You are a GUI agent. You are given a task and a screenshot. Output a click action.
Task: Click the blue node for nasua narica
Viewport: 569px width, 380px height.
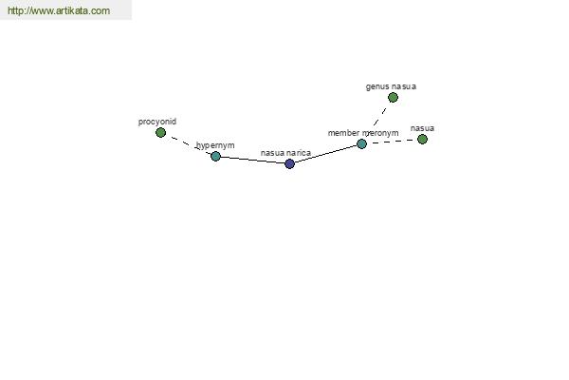pos(289,163)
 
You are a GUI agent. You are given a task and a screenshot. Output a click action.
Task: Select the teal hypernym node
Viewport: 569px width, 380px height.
pos(215,156)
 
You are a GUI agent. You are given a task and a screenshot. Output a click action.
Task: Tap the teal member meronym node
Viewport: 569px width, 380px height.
pos(361,144)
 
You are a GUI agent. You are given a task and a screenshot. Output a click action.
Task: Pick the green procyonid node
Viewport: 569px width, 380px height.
pos(161,132)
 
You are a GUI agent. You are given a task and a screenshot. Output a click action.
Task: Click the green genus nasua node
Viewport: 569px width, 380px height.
pos(393,98)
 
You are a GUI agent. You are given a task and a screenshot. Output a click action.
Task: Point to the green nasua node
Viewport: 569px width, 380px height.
pos(422,139)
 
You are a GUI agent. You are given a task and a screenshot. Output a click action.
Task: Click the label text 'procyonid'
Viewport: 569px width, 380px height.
pos(157,122)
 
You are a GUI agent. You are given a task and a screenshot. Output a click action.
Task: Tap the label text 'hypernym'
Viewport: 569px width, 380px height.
pos(215,145)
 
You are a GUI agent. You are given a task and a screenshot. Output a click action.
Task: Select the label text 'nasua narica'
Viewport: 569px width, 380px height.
pos(285,153)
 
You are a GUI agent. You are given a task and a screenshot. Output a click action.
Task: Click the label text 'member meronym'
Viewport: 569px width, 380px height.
pos(363,133)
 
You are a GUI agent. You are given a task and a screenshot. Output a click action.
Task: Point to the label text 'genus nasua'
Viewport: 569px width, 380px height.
pos(391,86)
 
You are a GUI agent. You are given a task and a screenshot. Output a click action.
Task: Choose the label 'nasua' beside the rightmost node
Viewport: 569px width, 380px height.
pos(422,128)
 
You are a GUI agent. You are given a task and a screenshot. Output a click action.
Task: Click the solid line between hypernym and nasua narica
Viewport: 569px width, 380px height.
pos(252,160)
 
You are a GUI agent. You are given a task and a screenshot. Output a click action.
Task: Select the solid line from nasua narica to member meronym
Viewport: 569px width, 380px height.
pos(325,154)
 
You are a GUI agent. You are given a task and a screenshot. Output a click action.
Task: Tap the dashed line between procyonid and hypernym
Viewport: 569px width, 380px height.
pos(188,144)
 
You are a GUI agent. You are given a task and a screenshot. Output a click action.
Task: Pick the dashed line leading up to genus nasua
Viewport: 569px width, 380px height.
pos(377,121)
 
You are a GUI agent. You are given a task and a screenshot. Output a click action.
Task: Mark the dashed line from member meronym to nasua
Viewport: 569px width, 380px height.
pos(392,142)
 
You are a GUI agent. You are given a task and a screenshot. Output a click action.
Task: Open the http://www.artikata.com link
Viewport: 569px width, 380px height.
pos(59,10)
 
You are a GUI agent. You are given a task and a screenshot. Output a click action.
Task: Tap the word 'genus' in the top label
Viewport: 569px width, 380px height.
pos(377,87)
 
